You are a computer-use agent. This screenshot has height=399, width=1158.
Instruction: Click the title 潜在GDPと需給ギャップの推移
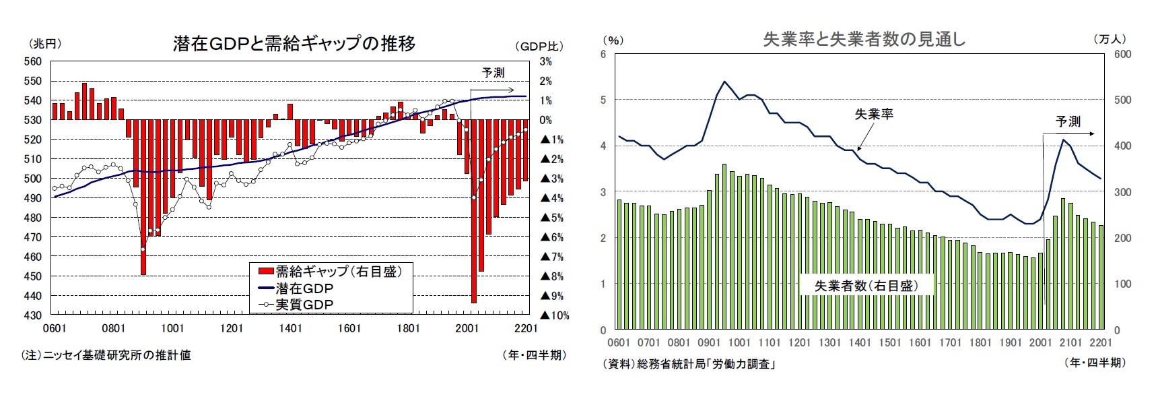(x=294, y=44)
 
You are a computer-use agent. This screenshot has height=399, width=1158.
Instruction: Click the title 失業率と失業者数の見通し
(x=864, y=40)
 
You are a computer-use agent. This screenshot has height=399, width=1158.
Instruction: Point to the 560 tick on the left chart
(x=33, y=61)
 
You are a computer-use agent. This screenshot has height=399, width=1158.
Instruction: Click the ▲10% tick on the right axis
(x=554, y=315)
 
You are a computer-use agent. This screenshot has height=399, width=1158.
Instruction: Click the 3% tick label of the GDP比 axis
(x=545, y=61)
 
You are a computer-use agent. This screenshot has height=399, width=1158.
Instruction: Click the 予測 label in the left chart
(x=493, y=73)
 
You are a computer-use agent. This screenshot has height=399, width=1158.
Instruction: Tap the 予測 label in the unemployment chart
(x=1068, y=121)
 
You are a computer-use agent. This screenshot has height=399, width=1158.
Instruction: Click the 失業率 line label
(x=874, y=114)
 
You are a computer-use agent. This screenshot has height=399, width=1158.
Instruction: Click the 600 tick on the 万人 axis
(x=1122, y=54)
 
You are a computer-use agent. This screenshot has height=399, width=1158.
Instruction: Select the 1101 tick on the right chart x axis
(x=770, y=342)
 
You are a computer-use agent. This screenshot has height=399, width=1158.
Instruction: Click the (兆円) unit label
(x=45, y=44)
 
